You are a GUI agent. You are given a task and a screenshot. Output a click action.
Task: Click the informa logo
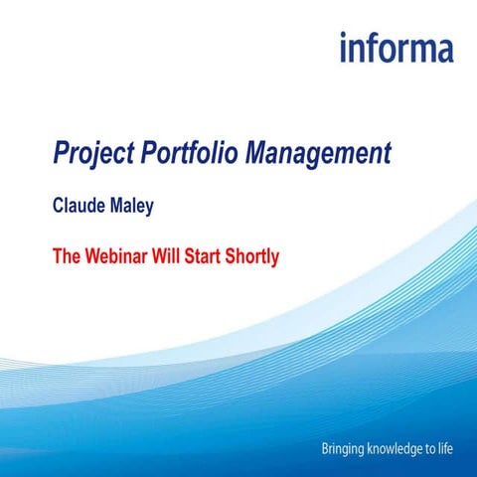(x=396, y=48)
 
